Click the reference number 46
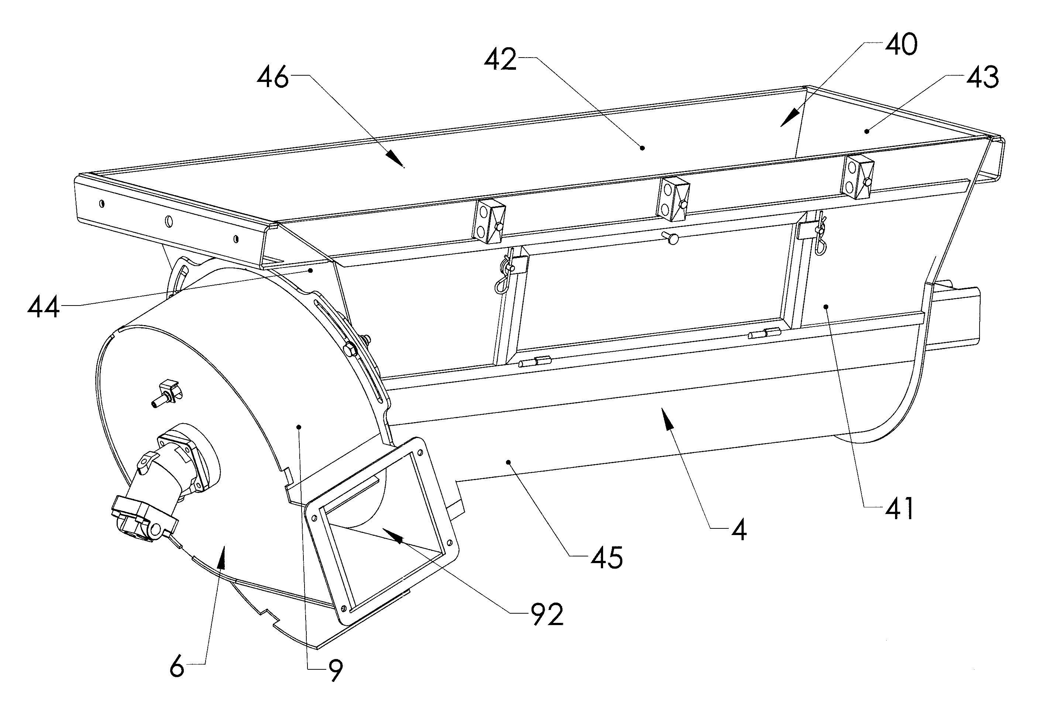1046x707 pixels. point(272,78)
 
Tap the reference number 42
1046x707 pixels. point(500,59)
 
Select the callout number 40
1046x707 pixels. point(901,45)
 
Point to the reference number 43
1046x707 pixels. point(983,77)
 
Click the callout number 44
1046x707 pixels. point(44,308)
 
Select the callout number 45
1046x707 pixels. point(607,558)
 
